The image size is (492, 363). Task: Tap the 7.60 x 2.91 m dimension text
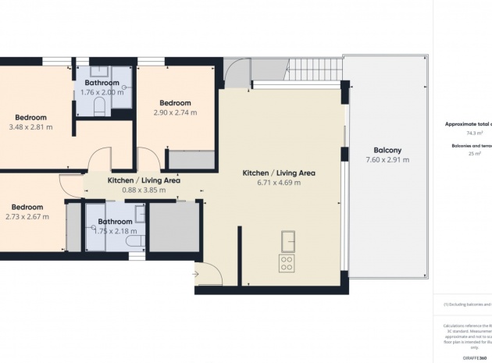pos(387,160)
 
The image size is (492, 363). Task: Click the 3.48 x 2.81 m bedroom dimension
pos(30,127)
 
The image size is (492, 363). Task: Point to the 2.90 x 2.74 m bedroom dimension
pos(175,113)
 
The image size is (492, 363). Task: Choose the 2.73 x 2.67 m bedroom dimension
pos(27,217)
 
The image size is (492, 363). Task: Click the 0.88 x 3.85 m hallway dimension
pos(144,190)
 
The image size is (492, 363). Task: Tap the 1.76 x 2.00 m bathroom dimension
pos(102,93)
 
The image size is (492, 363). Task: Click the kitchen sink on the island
pos(287,238)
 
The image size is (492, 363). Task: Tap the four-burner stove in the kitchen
pos(287,263)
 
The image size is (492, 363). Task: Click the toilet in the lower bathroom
pos(133,244)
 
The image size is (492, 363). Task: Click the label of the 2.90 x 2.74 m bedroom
pos(175,103)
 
